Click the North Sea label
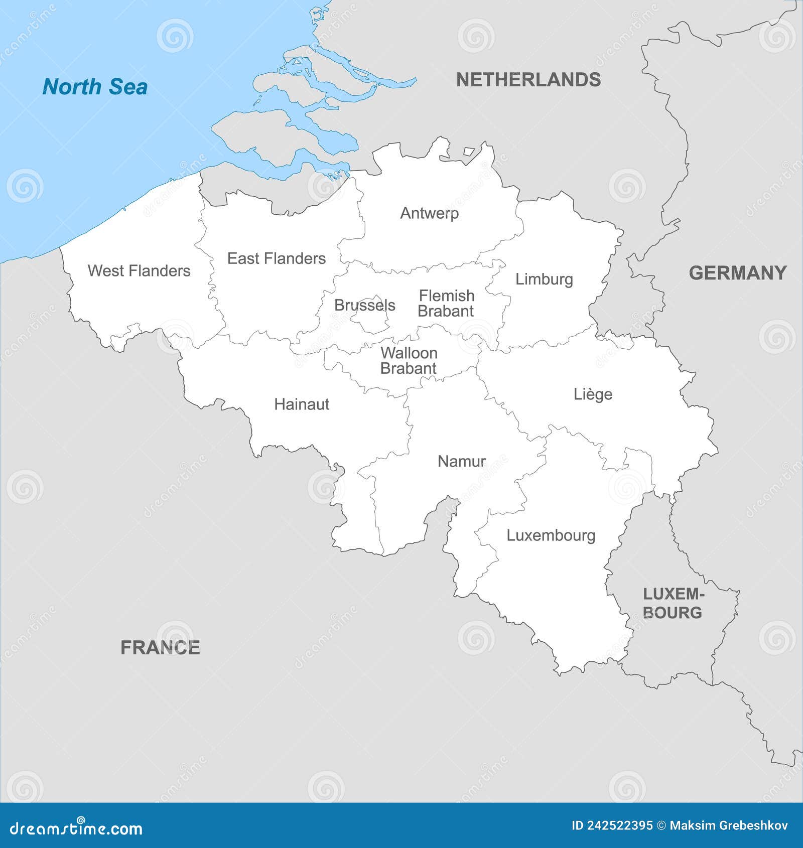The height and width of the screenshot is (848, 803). click(x=95, y=87)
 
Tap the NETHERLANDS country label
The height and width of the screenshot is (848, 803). click(x=528, y=80)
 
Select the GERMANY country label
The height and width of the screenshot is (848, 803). click(x=737, y=273)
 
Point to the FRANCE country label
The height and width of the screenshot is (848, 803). click(x=160, y=647)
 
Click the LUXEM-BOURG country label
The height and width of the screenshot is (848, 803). click(x=673, y=603)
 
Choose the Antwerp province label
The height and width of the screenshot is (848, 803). click(x=429, y=213)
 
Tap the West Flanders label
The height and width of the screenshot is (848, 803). click(x=139, y=271)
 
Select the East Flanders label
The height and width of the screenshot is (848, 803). click(x=277, y=258)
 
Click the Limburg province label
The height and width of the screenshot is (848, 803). click(x=544, y=279)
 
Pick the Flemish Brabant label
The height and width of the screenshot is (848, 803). click(x=446, y=303)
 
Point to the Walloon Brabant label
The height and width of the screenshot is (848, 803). click(x=409, y=360)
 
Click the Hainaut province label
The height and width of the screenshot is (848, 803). click(x=302, y=404)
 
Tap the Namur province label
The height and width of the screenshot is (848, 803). click(x=462, y=461)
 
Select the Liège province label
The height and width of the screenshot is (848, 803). click(x=593, y=394)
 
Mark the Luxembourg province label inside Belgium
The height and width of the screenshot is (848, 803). click(x=551, y=535)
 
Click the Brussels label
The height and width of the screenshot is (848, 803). click(x=364, y=305)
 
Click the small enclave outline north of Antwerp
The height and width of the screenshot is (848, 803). click(x=469, y=151)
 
